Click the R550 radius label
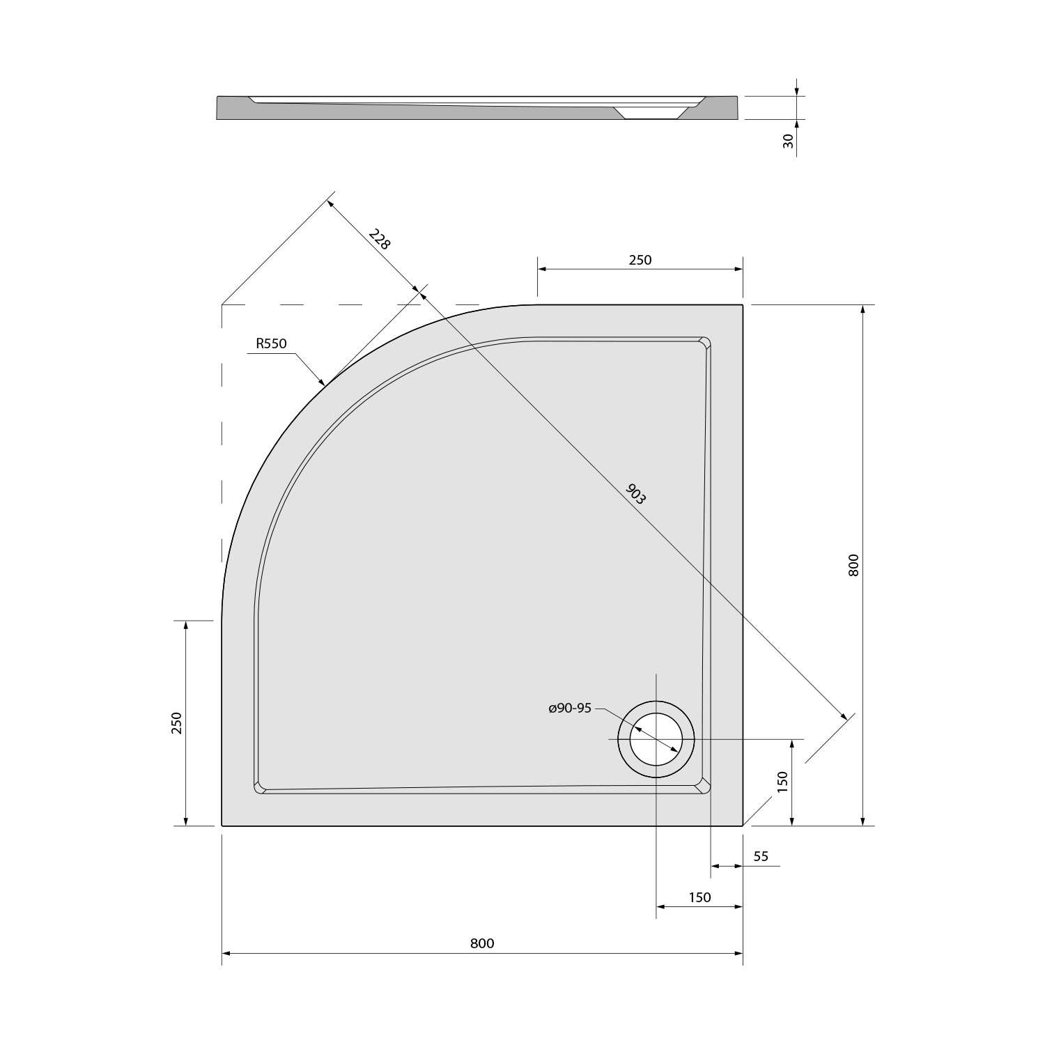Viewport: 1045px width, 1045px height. pyautogui.click(x=272, y=343)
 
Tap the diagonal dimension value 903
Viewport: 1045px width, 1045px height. pyautogui.click(x=636, y=494)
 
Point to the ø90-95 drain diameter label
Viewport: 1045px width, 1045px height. pyautogui.click(x=570, y=709)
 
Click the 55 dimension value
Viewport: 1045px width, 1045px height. pyautogui.click(x=761, y=856)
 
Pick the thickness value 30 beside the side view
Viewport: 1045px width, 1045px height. pyautogui.click(x=789, y=141)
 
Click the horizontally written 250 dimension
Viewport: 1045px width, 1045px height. pyautogui.click(x=640, y=260)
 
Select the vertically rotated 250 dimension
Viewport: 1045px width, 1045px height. pyautogui.click(x=176, y=723)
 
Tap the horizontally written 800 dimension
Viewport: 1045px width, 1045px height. pyautogui.click(x=482, y=943)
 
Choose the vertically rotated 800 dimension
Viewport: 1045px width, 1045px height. pyautogui.click(x=855, y=564)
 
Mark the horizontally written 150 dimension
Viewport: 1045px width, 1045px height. pyautogui.click(x=699, y=897)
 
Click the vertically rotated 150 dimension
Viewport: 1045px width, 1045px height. pyautogui.click(x=782, y=782)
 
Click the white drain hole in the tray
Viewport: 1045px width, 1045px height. pyautogui.click(x=656, y=739)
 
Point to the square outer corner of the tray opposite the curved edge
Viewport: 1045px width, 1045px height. pyautogui.click(x=742, y=825)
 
